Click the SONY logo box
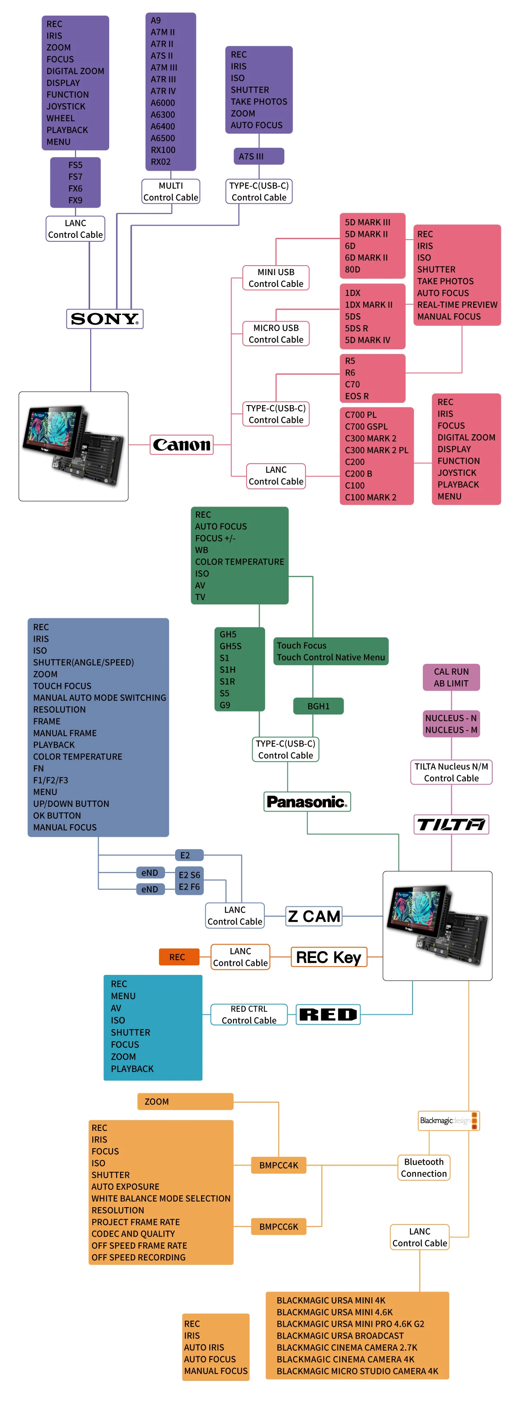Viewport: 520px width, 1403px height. [x=104, y=318]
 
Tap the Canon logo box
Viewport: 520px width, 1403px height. [x=181, y=445]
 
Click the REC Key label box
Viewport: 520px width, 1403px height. [x=328, y=957]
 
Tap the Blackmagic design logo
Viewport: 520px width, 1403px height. [x=448, y=1120]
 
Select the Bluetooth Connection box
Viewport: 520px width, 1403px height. [x=424, y=1168]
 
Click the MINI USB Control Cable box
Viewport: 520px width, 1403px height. [x=276, y=278]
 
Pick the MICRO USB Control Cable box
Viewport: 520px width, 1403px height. [x=276, y=333]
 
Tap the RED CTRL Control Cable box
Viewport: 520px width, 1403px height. [x=249, y=1014]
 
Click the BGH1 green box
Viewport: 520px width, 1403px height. [x=318, y=706]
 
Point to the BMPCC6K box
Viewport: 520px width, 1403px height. [x=278, y=1227]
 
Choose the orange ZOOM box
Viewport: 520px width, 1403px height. [x=185, y=1101]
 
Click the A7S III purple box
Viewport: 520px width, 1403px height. [x=259, y=156]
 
